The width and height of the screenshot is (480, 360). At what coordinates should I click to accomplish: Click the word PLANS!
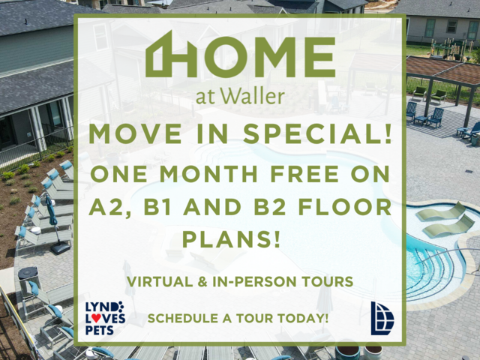232,239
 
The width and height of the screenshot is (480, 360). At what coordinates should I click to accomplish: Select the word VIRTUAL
160,282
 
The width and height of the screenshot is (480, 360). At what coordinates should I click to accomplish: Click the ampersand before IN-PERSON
202,282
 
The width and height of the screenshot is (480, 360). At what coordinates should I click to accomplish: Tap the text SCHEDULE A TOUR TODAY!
238,318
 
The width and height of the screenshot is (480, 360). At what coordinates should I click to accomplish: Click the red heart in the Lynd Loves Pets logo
96,318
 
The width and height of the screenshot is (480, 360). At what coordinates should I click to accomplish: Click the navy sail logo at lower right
382,318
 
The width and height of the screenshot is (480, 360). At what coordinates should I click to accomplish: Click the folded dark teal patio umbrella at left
51,211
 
